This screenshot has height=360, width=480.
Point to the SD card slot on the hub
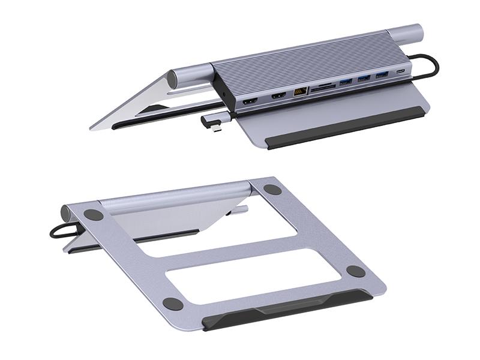[x=323, y=87]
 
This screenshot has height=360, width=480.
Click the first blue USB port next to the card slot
[x=346, y=82]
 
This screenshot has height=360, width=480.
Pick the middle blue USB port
[x=364, y=78]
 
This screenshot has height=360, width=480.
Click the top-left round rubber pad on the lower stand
[x=93, y=214]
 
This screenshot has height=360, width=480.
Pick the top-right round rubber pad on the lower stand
[x=272, y=189]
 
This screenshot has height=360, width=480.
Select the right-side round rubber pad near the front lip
[x=355, y=271]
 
